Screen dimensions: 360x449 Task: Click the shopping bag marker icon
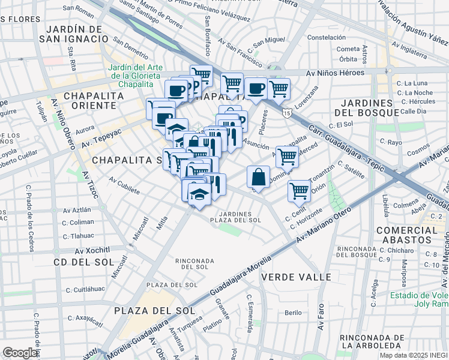pos(258,177)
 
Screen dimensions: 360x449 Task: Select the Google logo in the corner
pos(20,353)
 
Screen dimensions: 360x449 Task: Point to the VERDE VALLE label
pos(296,277)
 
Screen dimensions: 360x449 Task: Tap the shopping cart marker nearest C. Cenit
pos(299,191)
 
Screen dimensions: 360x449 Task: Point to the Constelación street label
pos(327,37)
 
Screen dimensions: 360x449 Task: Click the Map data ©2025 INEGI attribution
pos(414,355)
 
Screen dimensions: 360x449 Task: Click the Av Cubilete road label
pos(124,185)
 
